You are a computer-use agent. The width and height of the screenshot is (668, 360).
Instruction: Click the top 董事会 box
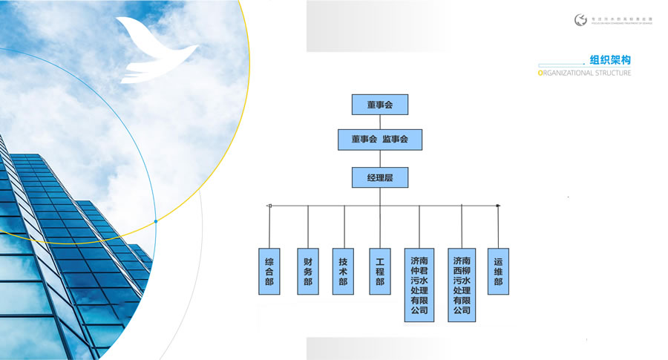coord(380,105)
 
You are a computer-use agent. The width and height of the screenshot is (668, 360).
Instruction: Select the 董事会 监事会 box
coord(380,139)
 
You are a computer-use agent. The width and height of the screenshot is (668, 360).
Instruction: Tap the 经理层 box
coord(380,178)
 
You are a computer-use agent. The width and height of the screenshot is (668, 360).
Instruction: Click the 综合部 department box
coord(269,271)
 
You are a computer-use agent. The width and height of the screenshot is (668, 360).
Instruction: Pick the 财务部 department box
coord(307,271)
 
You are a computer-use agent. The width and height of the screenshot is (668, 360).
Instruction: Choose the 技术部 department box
coord(344,271)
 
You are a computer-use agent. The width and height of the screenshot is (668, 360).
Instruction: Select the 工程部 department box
coord(380,271)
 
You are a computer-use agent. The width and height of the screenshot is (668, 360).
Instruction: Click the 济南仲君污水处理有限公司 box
coord(419,285)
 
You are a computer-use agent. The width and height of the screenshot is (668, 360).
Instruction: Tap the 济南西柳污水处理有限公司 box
coord(462,285)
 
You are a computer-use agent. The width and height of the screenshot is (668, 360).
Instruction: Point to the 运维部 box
coord(498,271)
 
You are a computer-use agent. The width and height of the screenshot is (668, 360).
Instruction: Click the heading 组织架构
coord(609,60)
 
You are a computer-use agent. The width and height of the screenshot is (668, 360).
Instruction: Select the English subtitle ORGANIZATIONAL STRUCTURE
coord(583,73)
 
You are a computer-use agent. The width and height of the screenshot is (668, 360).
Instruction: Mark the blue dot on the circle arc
coord(155,221)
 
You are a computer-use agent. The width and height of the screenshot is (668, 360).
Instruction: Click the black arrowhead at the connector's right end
coord(498,206)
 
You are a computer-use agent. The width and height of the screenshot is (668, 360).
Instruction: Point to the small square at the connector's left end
coord(269,206)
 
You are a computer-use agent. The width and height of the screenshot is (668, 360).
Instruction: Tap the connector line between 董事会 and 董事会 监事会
coord(380,122)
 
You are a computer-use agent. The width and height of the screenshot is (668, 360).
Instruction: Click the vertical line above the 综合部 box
coord(269,226)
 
